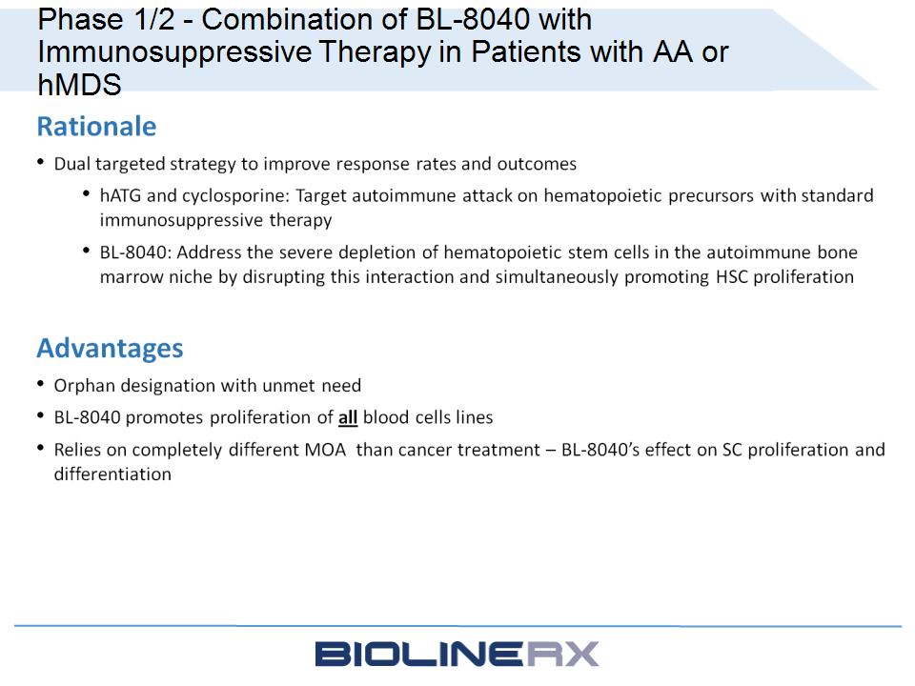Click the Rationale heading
click(97, 127)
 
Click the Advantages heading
click(110, 349)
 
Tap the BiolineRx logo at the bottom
click(457, 654)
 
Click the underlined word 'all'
click(348, 417)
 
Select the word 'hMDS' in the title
click(79, 85)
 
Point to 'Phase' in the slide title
click(80, 19)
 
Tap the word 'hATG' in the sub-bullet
click(120, 195)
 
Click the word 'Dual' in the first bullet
click(71, 164)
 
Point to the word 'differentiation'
click(112, 474)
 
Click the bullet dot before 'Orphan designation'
click(40, 384)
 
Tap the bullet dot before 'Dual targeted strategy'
click(40, 162)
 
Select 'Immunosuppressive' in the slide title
click(175, 52)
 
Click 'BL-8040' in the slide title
click(472, 19)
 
